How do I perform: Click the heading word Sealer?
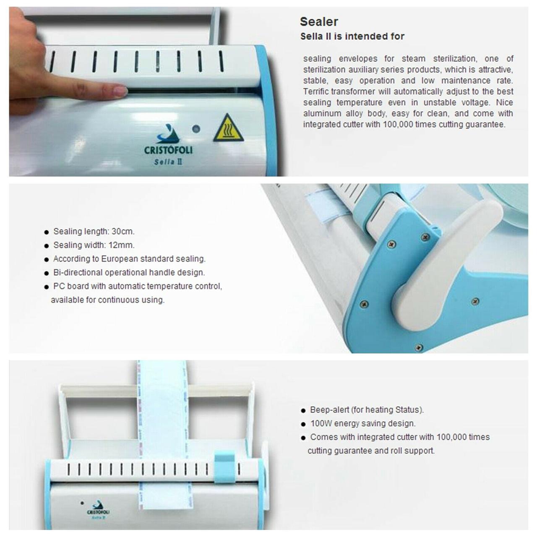click(x=319, y=22)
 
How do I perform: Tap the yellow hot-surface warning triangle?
click(x=229, y=128)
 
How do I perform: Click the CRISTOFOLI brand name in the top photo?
click(x=168, y=150)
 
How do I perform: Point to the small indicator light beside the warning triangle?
click(x=196, y=129)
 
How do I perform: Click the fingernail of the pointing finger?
click(x=121, y=91)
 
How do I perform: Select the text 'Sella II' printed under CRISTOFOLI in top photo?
click(x=168, y=162)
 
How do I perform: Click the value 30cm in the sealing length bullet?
click(x=123, y=231)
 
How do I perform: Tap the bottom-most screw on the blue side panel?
click(x=419, y=347)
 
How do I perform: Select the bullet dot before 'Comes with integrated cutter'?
click(x=303, y=438)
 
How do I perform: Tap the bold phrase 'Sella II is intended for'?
click(x=352, y=36)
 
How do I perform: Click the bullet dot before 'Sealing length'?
click(x=47, y=232)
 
